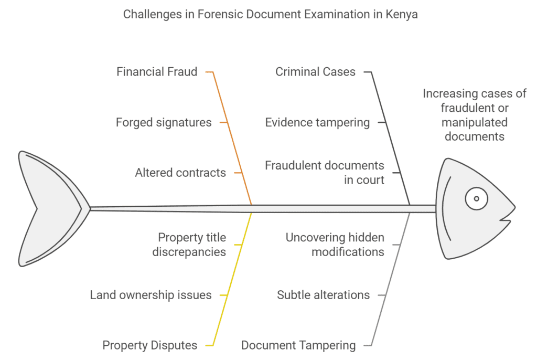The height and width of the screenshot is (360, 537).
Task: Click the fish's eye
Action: click(x=476, y=198)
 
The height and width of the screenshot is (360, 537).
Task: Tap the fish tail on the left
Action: click(x=50, y=209)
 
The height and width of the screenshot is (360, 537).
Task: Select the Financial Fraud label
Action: click(x=157, y=71)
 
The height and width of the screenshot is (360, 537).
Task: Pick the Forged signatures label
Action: click(x=164, y=122)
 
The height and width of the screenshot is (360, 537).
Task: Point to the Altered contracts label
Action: click(x=180, y=172)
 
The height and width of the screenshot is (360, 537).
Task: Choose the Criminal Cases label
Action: click(x=315, y=71)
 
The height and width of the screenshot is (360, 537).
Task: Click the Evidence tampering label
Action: click(x=317, y=122)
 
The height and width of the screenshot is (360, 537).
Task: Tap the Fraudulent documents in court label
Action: click(x=324, y=173)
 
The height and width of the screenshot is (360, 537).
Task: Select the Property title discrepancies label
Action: click(x=189, y=245)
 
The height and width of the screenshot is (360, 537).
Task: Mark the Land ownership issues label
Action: click(x=151, y=295)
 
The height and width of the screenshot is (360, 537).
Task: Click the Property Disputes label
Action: click(x=149, y=345)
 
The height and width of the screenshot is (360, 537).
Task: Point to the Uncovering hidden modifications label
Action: click(x=335, y=245)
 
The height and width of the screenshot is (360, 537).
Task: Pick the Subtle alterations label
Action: click(x=323, y=295)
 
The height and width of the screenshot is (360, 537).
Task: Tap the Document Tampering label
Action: click(x=298, y=345)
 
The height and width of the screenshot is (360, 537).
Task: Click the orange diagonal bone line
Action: click(x=233, y=136)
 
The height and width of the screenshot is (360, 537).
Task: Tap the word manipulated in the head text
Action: click(x=474, y=122)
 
